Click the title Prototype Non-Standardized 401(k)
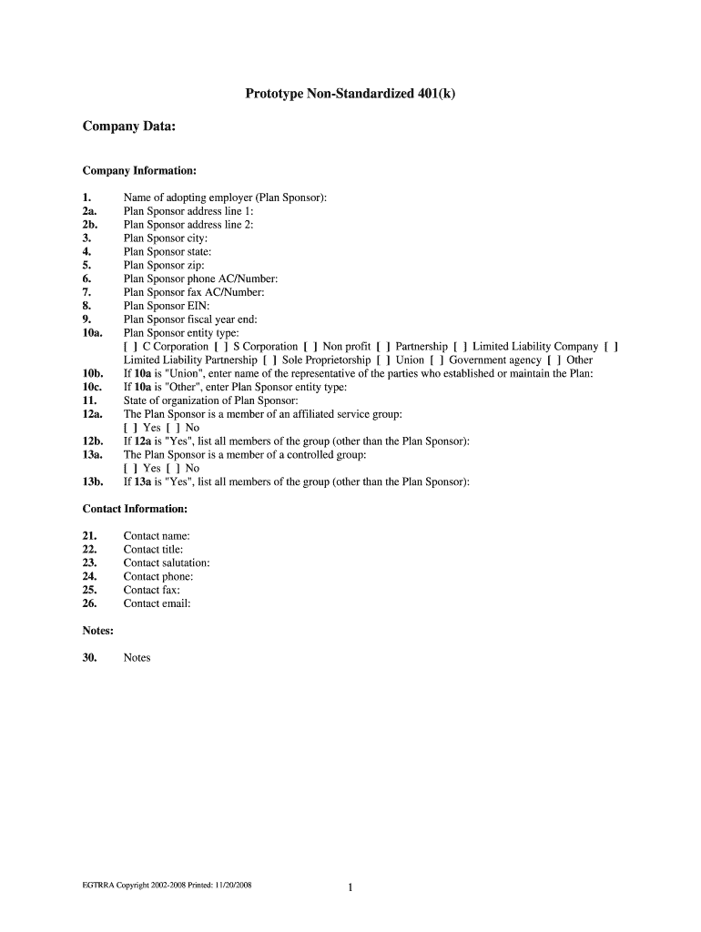coord(350,94)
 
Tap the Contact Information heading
coord(135,509)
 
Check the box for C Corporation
coord(130,347)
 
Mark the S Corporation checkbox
coord(221,347)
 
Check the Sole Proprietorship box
coord(269,360)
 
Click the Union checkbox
coord(383,360)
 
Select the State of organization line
coord(210,400)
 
